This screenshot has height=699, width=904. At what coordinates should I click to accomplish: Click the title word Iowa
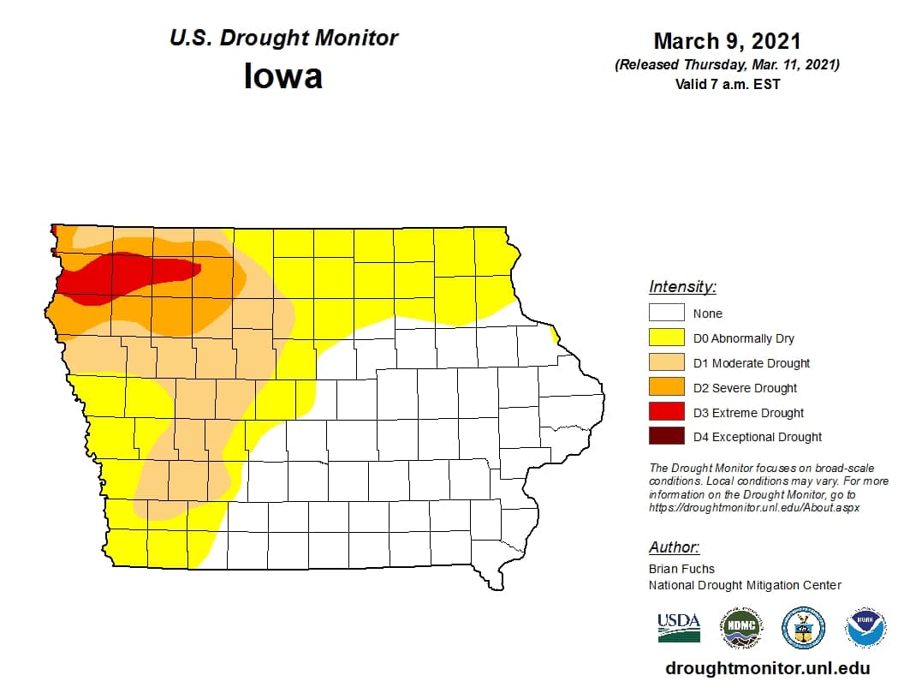pos(283,76)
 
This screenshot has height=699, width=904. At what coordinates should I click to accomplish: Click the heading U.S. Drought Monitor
pos(283,39)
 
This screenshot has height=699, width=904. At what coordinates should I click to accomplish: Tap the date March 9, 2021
pos(727,41)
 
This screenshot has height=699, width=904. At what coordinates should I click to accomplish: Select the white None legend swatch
pos(666,314)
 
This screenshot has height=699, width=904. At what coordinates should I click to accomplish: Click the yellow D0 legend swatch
pos(666,338)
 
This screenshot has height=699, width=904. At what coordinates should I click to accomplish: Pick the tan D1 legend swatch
pos(666,362)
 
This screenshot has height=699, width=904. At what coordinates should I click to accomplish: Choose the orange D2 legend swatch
pos(666,387)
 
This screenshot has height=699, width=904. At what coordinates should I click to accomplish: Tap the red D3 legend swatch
pos(666,412)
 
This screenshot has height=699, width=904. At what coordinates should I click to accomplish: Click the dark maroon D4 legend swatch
pos(666,436)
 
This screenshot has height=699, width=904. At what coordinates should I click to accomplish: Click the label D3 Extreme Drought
pos(748,413)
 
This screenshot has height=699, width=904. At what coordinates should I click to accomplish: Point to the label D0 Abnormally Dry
pos(744,338)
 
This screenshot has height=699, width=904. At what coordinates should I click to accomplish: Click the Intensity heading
pos(682,287)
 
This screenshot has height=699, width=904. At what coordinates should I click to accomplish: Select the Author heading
pos(674,547)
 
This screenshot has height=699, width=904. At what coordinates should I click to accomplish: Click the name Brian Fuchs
pos(681,569)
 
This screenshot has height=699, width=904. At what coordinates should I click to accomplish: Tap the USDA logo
pos(679,628)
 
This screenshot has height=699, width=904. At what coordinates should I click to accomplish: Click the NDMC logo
pos(740,628)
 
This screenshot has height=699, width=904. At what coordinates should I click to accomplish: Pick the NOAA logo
pos(865,628)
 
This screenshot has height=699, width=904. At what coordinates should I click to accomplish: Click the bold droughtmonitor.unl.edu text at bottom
pos(767,668)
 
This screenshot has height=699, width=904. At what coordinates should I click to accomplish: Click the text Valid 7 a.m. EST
pos(727,84)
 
